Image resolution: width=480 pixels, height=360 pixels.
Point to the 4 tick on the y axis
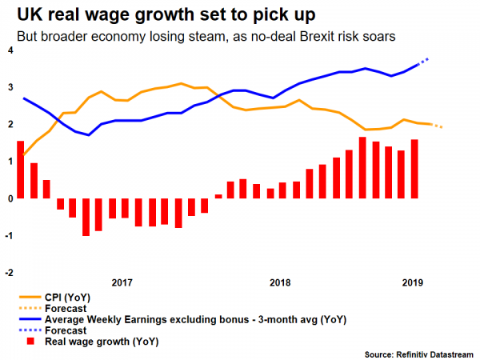tap(9, 50)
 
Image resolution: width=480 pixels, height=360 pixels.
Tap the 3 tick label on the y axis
tap(9, 86)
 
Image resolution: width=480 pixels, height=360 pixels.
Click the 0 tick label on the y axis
tap(9, 198)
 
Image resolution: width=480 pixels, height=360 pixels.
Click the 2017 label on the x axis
tap(122, 282)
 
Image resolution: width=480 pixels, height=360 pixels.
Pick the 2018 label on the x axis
tap(280, 282)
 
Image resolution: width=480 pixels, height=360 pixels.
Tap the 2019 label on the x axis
tap(412, 282)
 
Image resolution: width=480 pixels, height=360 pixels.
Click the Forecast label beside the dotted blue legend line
tap(66, 330)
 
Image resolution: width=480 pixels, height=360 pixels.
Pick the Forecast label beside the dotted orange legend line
tap(66, 307)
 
